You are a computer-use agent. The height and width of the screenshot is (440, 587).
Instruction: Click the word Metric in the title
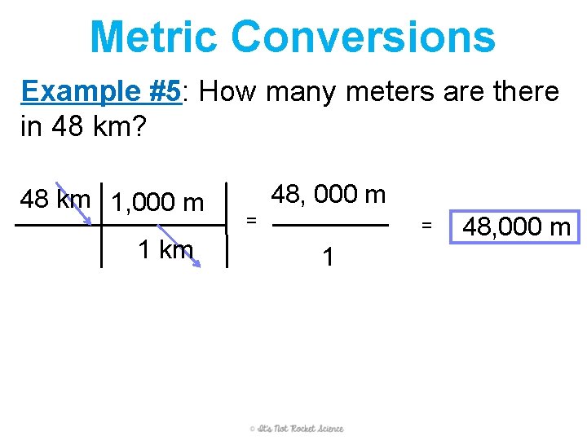(x=154, y=37)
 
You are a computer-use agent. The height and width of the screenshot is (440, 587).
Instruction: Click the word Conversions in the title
(x=363, y=37)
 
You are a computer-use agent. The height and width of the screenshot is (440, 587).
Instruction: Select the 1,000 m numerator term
(x=157, y=201)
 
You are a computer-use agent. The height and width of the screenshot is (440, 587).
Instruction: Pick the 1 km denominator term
(x=166, y=249)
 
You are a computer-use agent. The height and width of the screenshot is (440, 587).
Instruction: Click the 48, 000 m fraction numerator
(x=328, y=195)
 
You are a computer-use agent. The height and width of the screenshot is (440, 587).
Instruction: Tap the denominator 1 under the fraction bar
(x=328, y=257)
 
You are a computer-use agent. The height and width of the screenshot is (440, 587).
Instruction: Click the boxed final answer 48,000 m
(x=516, y=227)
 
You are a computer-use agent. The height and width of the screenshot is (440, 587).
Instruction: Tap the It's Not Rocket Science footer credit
(x=297, y=429)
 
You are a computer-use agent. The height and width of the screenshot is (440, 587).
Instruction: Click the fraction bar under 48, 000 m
(x=329, y=226)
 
